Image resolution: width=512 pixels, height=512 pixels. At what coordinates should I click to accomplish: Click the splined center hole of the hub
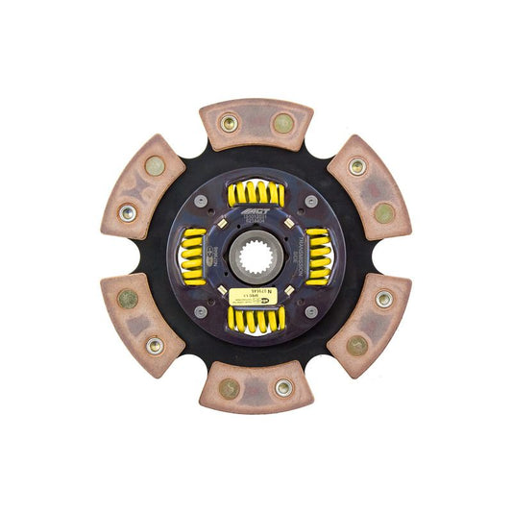[256, 256]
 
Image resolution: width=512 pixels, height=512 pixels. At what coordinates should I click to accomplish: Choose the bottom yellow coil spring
[256, 320]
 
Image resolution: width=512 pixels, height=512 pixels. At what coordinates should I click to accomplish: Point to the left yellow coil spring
[193, 256]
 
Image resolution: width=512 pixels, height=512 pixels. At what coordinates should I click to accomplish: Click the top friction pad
[256, 123]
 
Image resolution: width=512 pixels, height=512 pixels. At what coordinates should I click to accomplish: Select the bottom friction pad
[256, 388]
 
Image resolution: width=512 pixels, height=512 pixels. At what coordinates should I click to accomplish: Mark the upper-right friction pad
[370, 187]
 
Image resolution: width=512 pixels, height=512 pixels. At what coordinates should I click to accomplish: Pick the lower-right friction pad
[370, 324]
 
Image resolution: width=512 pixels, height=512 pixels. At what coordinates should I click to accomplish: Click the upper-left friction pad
[142, 188]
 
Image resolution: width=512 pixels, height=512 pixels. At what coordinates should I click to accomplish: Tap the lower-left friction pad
[142, 324]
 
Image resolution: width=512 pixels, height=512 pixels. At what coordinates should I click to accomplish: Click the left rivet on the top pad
[230, 123]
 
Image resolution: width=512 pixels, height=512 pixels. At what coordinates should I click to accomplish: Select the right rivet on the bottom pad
[283, 388]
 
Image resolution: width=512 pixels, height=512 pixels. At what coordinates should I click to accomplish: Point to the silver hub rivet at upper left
[200, 201]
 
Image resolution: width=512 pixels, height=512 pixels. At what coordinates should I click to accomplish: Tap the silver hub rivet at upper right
[311, 201]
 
